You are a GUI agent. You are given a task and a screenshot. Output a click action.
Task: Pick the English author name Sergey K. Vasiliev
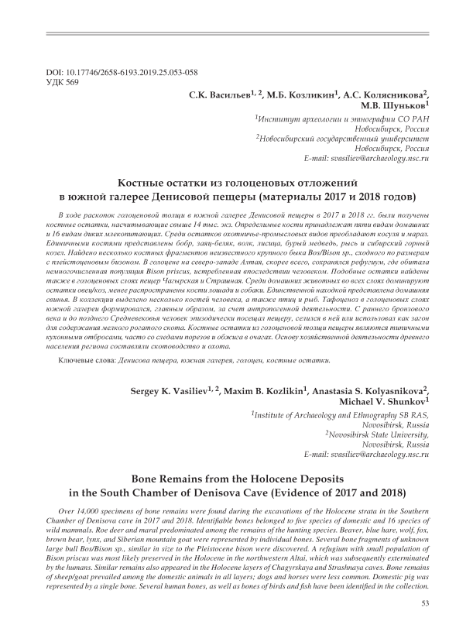pyautogui.click(x=179, y=391)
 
